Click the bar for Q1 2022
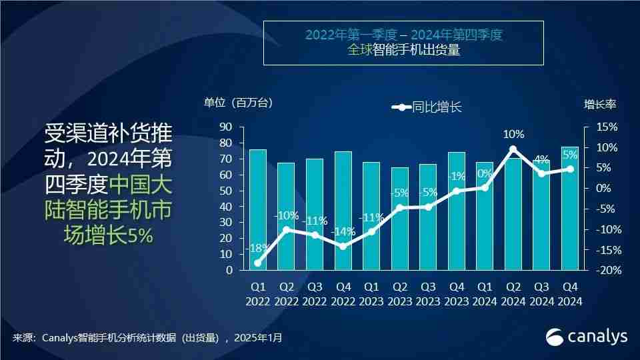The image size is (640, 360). [x=258, y=210]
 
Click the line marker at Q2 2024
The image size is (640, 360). [x=513, y=149]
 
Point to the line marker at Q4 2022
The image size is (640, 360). [x=343, y=246]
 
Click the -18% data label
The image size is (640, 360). [x=257, y=248]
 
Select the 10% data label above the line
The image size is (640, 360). [x=513, y=134]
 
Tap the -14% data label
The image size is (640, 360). [x=343, y=231]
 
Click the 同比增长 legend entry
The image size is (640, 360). [x=427, y=107]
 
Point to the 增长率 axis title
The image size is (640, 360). [x=600, y=103]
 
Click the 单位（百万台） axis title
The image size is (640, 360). [x=238, y=103]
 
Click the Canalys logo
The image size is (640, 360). [x=587, y=337]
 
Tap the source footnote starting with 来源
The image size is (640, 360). [x=147, y=338]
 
